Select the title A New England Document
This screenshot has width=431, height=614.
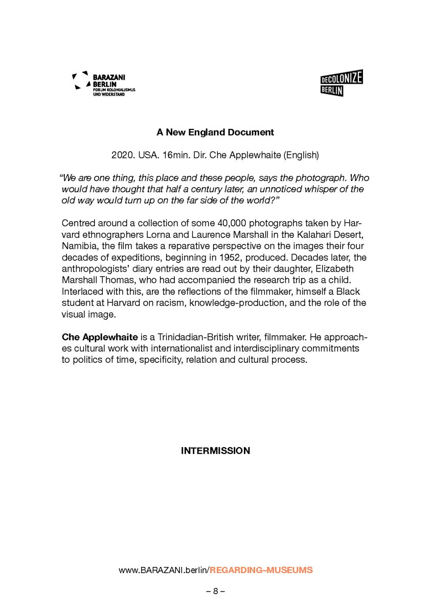pos(215,133)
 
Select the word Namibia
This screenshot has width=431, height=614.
pos(79,246)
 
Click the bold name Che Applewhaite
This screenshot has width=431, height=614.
pos(100,338)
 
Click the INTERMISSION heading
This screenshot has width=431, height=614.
pos(215,451)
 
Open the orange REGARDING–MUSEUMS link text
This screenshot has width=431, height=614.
pos(261,570)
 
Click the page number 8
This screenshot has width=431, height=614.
pos(215,591)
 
